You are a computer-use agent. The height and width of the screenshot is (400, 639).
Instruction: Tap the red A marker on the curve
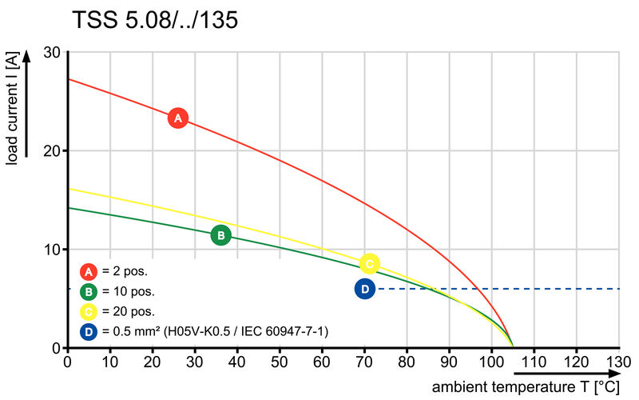tap(177, 118)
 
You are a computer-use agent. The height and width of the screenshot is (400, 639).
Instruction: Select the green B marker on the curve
tap(220, 235)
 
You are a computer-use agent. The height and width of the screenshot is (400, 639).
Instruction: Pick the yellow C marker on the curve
tap(368, 262)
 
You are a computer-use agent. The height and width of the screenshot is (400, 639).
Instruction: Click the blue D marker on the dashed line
tap(365, 289)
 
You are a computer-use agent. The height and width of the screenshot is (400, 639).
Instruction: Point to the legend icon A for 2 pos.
tap(89, 271)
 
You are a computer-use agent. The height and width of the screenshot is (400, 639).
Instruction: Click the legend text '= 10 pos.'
tap(128, 291)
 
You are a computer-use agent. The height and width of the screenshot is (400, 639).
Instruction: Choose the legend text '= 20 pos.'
tap(128, 311)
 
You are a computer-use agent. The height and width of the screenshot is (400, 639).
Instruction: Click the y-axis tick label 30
tap(53, 52)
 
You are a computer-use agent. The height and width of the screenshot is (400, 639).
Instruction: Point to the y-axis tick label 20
tap(53, 150)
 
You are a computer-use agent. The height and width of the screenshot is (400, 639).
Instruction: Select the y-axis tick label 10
tap(53, 250)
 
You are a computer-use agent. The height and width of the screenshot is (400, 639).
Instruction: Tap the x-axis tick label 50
tap(280, 362)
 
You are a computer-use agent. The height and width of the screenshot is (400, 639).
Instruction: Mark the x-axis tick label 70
tap(364, 362)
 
